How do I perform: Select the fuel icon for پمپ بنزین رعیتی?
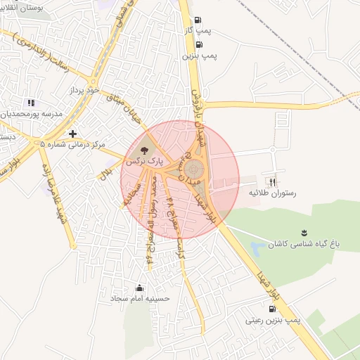(x=272, y=308)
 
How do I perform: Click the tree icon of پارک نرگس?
(x=144, y=150)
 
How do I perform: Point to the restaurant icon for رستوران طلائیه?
(x=274, y=181)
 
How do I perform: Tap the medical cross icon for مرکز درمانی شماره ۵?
(x=72, y=133)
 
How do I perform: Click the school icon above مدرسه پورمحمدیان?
(x=30, y=103)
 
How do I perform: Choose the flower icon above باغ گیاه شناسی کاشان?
(x=304, y=233)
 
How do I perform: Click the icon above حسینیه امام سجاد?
(x=139, y=288)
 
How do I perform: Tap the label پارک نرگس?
(x=144, y=161)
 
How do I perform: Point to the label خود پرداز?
(x=86, y=91)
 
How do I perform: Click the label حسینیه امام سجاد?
(x=140, y=299)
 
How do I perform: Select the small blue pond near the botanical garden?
(x=257, y=247)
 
